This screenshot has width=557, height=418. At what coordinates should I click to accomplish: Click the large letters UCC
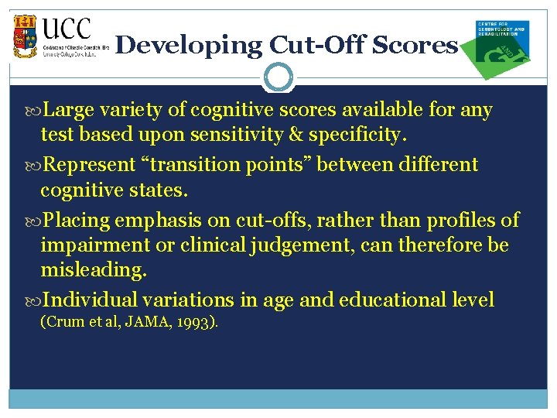(x=67, y=30)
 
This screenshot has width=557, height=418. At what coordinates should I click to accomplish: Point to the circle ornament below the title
(x=278, y=77)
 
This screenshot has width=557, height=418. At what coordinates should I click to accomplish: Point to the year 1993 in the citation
(x=196, y=322)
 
